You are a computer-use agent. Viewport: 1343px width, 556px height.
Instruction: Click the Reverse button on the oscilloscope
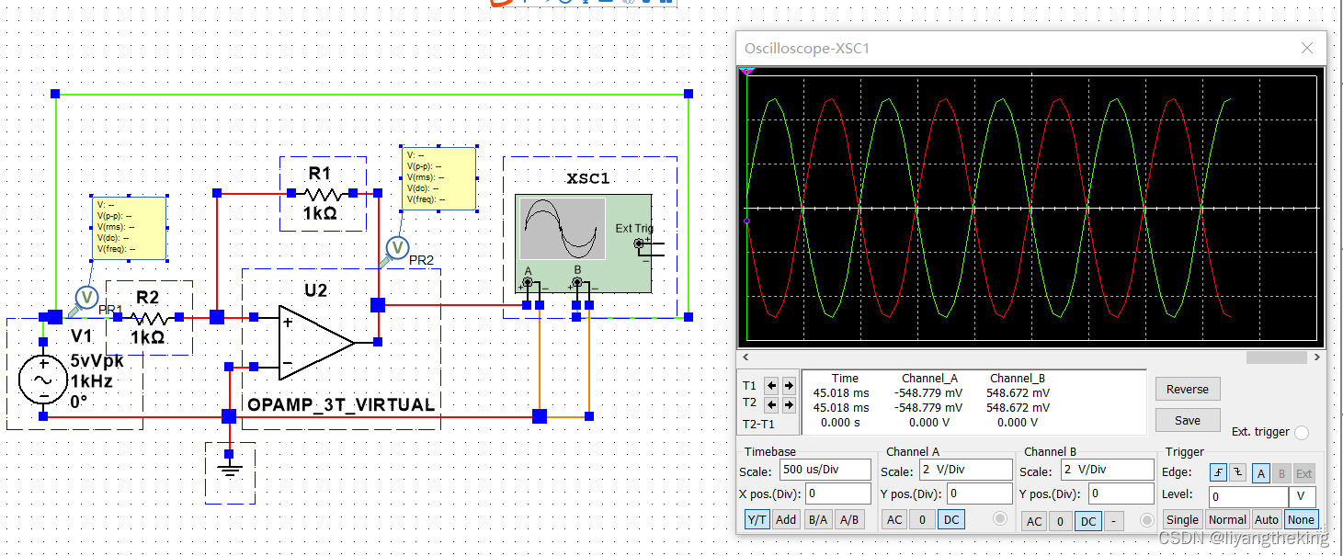tap(1187, 389)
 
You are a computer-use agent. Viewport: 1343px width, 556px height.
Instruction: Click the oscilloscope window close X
tap(1306, 49)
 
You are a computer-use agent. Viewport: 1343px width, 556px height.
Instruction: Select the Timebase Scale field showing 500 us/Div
tap(825, 470)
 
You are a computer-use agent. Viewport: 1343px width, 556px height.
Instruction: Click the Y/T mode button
tap(757, 519)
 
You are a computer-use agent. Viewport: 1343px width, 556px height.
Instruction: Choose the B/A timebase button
tap(816, 519)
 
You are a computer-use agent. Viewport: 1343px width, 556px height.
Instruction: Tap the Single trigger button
tap(1182, 519)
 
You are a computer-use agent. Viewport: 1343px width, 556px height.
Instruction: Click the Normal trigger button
tap(1227, 519)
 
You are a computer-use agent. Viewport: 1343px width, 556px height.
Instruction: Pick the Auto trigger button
tap(1266, 519)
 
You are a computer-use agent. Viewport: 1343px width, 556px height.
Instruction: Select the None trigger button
tap(1301, 519)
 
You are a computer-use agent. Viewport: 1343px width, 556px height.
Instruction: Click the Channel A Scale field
tap(964, 470)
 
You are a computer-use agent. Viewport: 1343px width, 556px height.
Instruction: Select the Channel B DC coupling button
tap(1087, 521)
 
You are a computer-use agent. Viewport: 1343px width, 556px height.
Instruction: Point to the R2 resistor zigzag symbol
tap(147, 318)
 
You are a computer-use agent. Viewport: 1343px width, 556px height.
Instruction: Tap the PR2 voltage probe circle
tap(397, 247)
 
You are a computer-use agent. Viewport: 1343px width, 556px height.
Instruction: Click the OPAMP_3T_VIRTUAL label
tap(341, 404)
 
